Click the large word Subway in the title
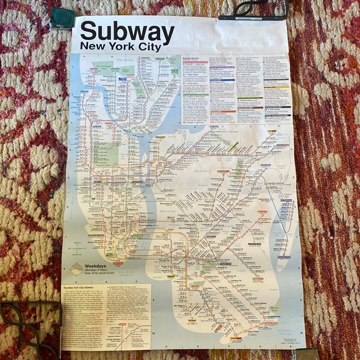coord(127,32)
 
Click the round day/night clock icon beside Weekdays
coord(76,269)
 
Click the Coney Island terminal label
coord(236,338)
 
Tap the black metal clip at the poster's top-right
coord(251,9)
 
